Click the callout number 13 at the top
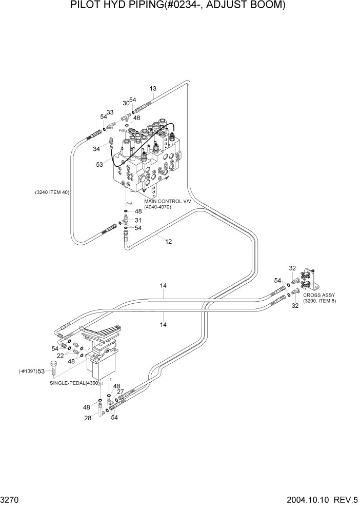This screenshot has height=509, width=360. click(x=152, y=89)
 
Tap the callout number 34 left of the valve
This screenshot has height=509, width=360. click(x=97, y=149)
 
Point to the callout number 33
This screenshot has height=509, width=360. click(x=110, y=112)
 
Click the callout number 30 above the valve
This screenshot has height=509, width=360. click(x=126, y=103)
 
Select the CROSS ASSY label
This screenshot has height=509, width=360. click(x=319, y=295)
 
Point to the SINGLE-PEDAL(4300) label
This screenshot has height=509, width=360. click(x=75, y=383)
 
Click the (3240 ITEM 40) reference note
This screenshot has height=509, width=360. click(x=52, y=192)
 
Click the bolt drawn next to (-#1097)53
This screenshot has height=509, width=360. click(x=54, y=370)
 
